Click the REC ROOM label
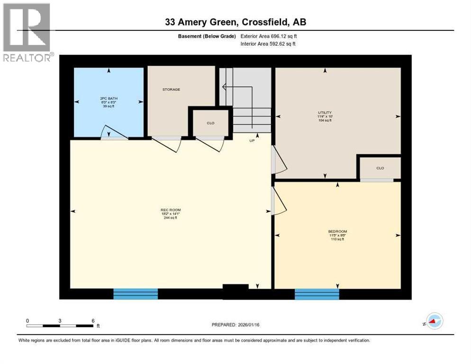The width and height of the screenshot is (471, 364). [170, 210]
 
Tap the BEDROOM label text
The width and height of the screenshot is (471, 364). [337, 232]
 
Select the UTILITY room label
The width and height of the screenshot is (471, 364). [325, 113]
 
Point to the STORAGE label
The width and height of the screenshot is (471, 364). [171, 89]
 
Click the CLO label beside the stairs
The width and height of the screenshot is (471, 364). [210, 123]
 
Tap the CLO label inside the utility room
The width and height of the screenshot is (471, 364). [380, 168]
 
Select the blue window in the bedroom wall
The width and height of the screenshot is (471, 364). [317, 294]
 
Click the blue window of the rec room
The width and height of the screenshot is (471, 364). [136, 293]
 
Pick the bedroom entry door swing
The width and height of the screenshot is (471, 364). [278, 201]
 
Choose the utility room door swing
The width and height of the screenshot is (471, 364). [279, 161]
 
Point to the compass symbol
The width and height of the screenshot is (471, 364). [434, 321]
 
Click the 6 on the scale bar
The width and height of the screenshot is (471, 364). [93, 320]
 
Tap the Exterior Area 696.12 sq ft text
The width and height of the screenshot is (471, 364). [269, 36]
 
